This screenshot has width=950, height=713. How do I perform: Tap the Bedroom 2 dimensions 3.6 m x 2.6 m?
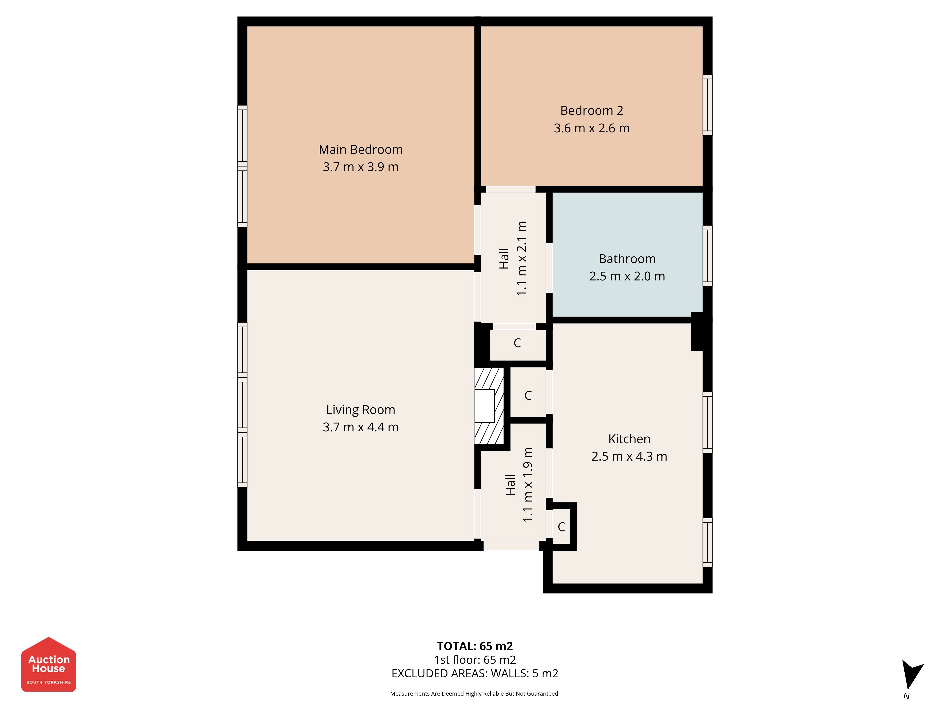[x=591, y=128]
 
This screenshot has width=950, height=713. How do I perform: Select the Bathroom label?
[x=627, y=259]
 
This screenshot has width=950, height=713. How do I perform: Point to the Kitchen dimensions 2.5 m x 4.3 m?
[x=629, y=456]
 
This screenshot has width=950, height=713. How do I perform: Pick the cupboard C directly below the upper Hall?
[x=518, y=343]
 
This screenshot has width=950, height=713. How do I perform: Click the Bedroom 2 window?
[x=707, y=105]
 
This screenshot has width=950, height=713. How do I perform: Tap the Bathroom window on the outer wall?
[x=707, y=256]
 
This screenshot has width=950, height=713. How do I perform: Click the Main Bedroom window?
[x=242, y=166]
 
